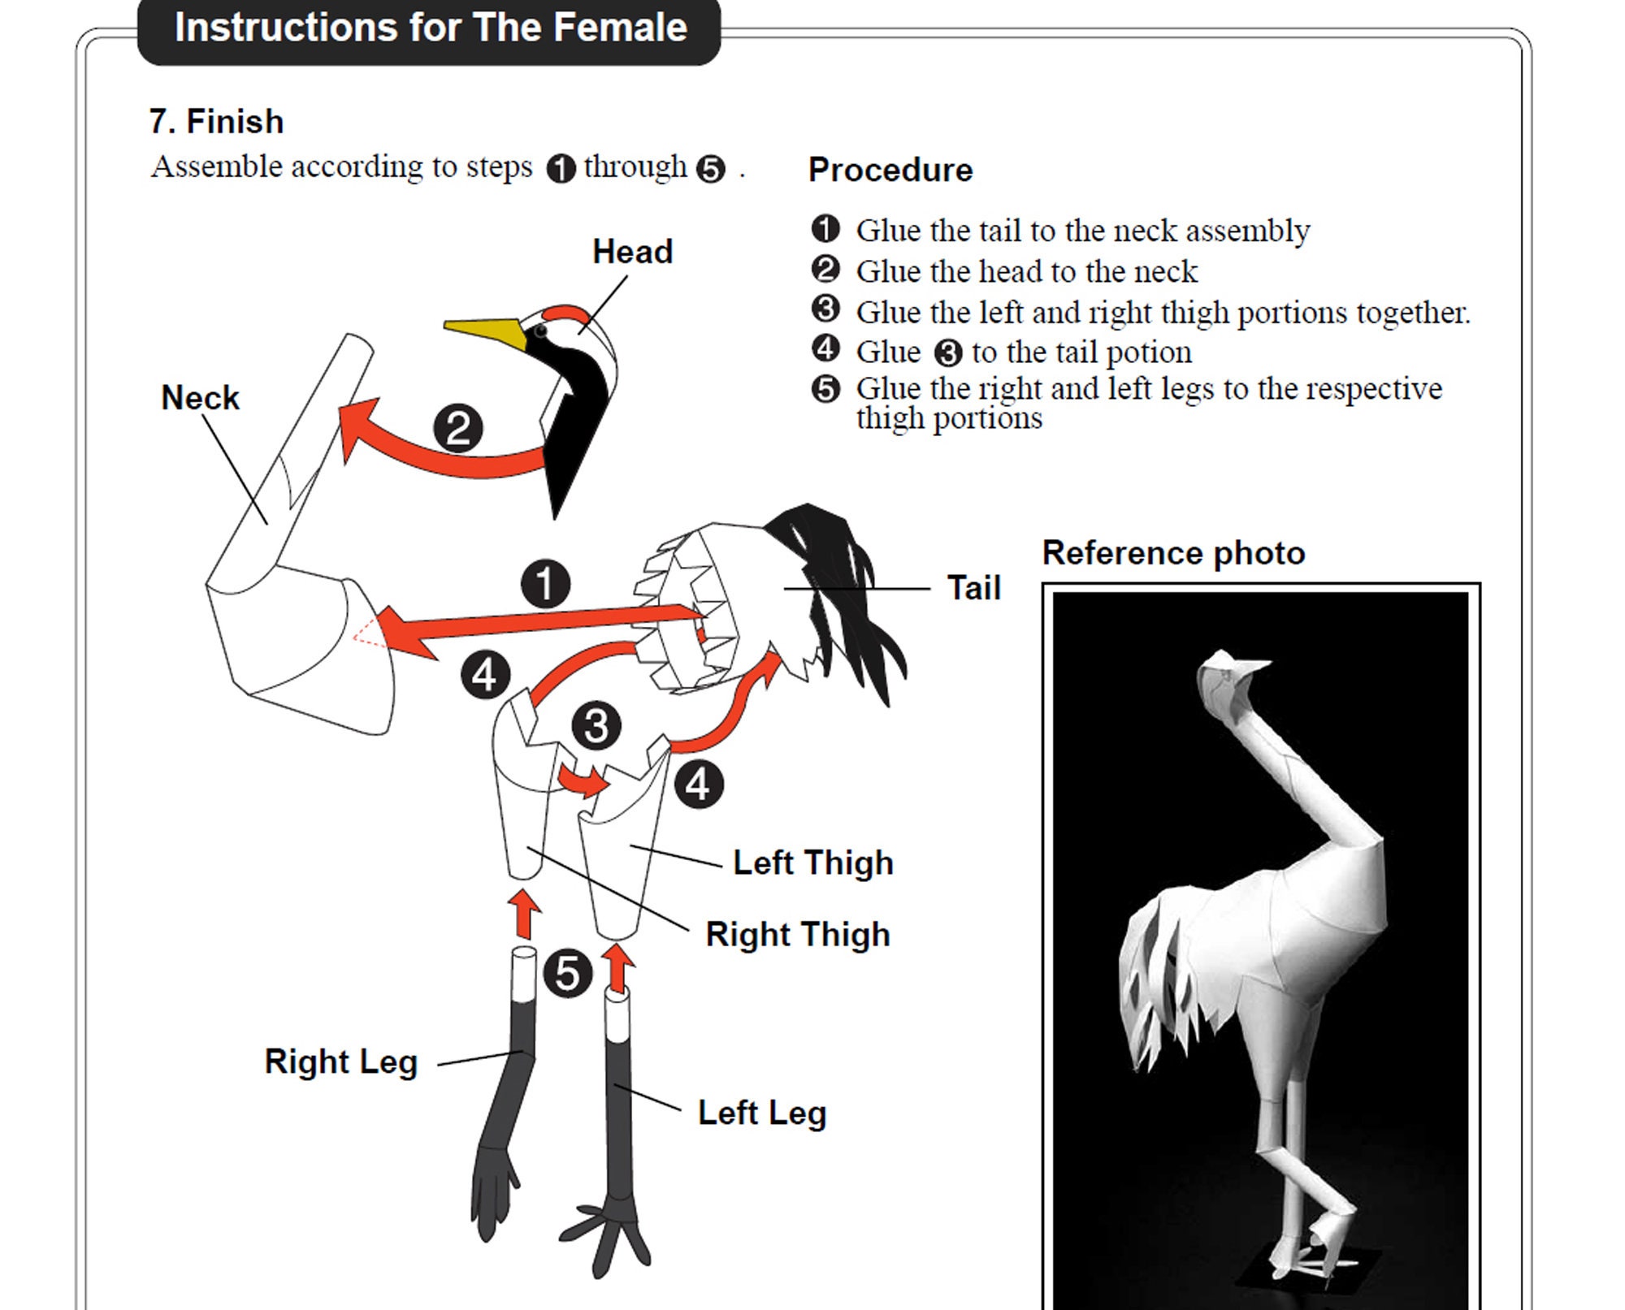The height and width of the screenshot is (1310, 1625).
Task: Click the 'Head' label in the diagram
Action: pos(633,252)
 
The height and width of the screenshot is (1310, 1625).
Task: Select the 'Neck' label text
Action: pos(200,398)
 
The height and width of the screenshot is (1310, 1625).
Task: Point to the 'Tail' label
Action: pos(973,588)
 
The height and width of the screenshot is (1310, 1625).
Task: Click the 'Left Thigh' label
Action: pos(813,863)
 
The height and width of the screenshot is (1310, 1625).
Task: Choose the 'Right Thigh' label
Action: pos(798,934)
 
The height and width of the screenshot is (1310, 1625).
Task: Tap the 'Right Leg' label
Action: pos(341,1062)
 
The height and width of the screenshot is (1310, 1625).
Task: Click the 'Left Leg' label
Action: pos(762,1113)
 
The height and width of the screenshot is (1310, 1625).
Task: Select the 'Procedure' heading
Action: pos(890,170)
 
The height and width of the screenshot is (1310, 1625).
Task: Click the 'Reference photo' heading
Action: pos(1173,553)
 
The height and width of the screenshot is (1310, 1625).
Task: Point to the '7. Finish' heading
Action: pos(216,122)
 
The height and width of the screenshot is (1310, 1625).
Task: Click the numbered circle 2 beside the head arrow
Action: pos(458,429)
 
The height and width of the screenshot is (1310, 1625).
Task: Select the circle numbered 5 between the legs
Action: pos(567,974)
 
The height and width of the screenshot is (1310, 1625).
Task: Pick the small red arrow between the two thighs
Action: pos(583,780)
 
